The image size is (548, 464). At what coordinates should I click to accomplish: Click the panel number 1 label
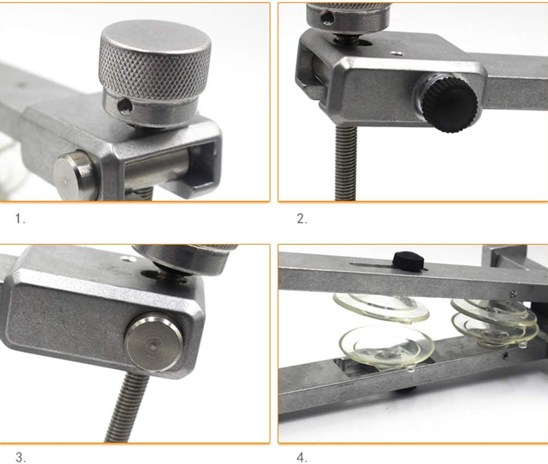click(20, 219)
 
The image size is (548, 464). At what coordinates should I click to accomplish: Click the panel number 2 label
click(302, 219)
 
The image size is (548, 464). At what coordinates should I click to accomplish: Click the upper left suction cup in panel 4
click(381, 307)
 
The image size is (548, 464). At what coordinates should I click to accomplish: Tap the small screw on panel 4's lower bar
click(504, 356)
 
